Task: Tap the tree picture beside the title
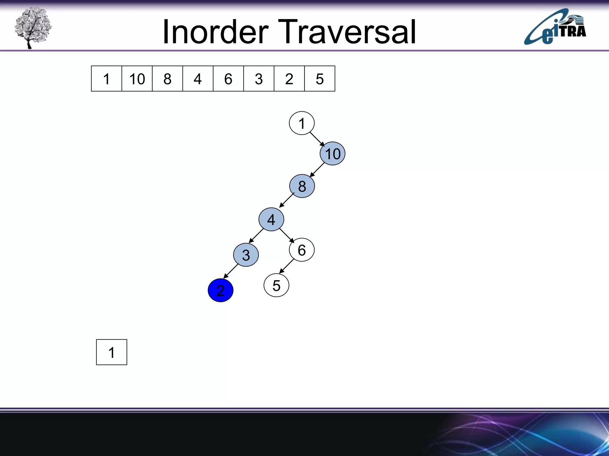tap(33, 27)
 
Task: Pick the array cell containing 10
tap(137, 79)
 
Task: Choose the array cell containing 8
tap(167, 79)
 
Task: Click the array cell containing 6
tap(228, 79)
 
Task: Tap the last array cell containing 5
tap(320, 79)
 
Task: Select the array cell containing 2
tap(289, 79)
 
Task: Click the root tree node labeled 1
tap(302, 123)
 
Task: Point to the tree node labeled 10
tap(332, 153)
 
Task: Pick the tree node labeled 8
tap(302, 186)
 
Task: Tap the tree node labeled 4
tap(271, 219)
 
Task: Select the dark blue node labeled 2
tap(220, 290)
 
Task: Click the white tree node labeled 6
tap(302, 250)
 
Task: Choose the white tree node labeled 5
tap(276, 285)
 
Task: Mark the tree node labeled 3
tap(246, 255)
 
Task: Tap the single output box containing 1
tap(112, 352)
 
